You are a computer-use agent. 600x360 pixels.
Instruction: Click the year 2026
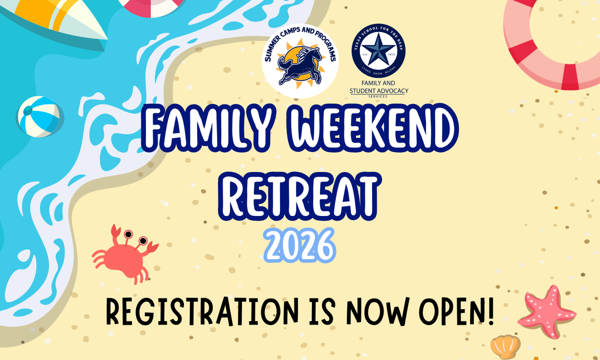tap(299, 244)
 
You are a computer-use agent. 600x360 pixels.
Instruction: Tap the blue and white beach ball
tap(38, 116)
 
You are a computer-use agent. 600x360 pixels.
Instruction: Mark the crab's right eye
tap(143, 241)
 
